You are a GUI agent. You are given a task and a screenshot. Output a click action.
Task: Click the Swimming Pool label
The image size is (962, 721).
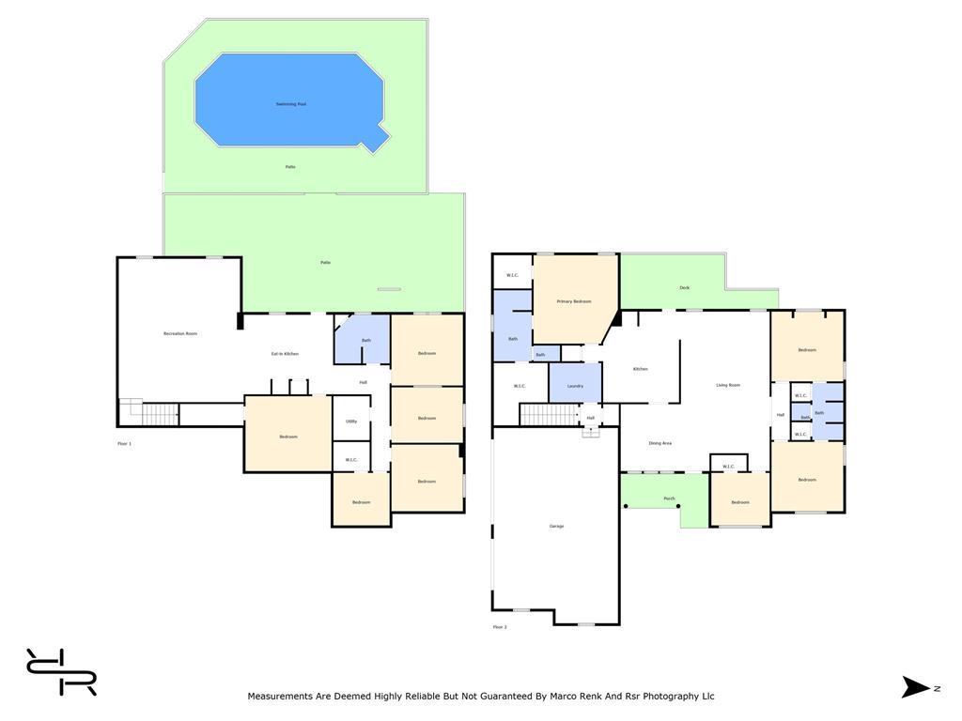click(x=291, y=104)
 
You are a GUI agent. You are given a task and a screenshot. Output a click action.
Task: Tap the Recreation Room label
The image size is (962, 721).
click(x=180, y=333)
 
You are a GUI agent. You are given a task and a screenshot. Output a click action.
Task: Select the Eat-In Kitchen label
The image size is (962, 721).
click(x=285, y=354)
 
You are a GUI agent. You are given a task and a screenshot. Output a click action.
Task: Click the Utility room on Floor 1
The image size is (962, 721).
click(x=351, y=422)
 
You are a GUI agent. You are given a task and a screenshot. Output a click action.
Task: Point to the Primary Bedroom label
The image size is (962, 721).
click(x=574, y=301)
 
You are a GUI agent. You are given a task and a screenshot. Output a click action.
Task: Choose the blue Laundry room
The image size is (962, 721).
click(x=575, y=385)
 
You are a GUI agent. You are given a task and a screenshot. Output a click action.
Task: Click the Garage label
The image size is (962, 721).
click(x=556, y=526)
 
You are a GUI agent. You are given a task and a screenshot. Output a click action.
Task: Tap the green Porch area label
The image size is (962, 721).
click(x=669, y=499)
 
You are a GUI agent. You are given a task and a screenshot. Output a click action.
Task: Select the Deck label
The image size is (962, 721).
click(x=684, y=287)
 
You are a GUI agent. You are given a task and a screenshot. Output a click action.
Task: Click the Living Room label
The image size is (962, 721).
click(x=728, y=385)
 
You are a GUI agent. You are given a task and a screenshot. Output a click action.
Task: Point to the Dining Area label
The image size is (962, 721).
click(x=659, y=443)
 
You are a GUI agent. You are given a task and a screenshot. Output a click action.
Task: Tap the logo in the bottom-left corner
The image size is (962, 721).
click(x=61, y=672)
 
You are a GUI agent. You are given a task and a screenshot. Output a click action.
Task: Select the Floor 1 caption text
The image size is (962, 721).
click(x=124, y=443)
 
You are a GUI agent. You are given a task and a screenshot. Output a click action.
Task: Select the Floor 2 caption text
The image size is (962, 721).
click(x=500, y=627)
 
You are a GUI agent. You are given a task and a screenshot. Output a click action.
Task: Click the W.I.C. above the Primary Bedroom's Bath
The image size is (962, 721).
click(x=513, y=275)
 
